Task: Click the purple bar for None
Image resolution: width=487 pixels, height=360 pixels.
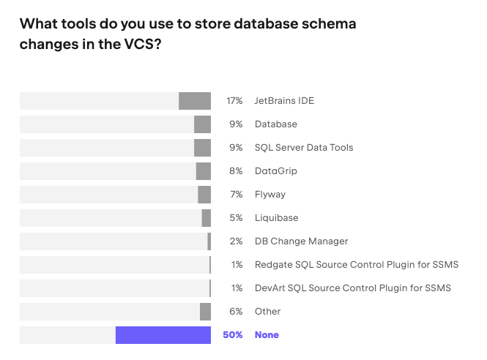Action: point(163,335)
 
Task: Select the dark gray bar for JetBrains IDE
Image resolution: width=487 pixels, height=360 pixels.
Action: point(195,101)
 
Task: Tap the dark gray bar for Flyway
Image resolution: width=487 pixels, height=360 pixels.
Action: point(204,195)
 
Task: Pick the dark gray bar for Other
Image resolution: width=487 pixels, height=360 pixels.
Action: point(205,312)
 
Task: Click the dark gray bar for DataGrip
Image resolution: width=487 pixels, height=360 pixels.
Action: point(204,171)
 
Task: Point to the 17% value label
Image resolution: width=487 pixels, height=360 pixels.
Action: point(234,101)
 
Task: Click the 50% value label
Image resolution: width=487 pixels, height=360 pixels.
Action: point(232,335)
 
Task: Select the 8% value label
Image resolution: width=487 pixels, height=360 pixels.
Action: point(236,171)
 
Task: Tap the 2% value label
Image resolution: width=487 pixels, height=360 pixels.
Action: point(236,241)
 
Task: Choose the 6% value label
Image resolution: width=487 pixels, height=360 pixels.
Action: point(236,312)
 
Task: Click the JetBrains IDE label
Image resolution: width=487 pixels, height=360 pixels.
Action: point(284,101)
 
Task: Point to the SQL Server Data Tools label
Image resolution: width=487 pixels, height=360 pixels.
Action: point(304,148)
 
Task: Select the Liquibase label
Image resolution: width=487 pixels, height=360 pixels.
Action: point(276,218)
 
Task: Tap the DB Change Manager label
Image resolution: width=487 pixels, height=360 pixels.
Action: point(301,241)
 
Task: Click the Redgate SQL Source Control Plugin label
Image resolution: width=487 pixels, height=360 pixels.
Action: point(357,265)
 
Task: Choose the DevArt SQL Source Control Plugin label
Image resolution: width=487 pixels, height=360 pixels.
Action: point(353,288)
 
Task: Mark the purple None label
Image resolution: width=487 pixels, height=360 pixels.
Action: point(267,335)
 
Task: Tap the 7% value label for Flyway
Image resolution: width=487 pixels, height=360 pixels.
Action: point(236,195)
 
